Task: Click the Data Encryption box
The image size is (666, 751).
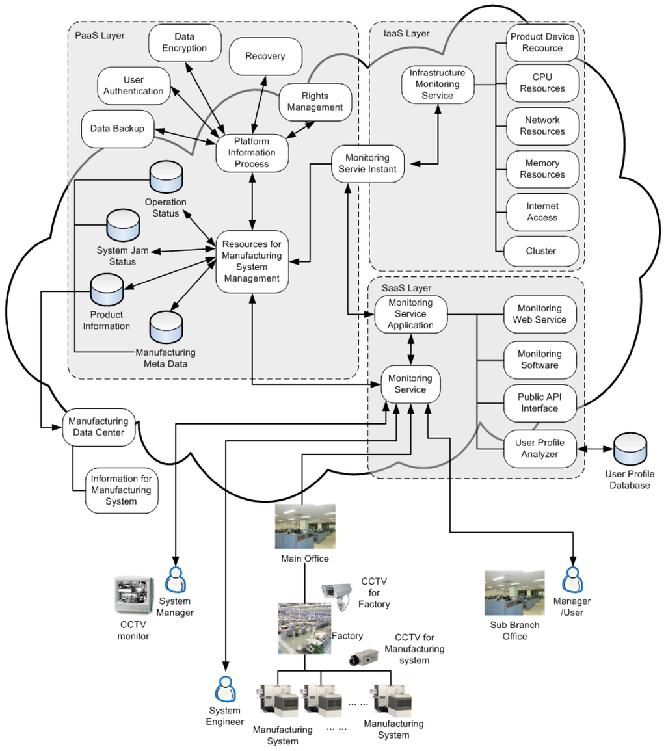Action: [185, 43]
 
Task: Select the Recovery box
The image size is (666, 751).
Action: [265, 57]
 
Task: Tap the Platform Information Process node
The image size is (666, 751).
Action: [252, 153]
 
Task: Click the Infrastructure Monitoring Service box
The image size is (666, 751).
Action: [438, 85]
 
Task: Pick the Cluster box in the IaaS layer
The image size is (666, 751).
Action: [542, 251]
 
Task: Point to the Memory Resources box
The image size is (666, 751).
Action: [542, 169]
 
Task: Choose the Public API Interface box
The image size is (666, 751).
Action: [540, 402]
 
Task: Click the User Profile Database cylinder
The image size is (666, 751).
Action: [630, 449]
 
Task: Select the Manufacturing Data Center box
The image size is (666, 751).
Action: [99, 427]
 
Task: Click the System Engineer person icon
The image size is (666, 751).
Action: [225, 689]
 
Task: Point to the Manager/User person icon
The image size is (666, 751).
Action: [572, 580]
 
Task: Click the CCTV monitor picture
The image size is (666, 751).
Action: [134, 596]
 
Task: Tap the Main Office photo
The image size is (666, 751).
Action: [305, 527]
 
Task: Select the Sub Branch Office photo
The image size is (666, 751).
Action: [514, 593]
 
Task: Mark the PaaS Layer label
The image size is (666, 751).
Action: [100, 36]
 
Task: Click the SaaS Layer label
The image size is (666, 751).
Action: [406, 288]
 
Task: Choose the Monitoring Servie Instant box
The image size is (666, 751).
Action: [368, 164]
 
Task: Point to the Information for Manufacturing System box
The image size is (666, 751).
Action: [122, 490]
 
